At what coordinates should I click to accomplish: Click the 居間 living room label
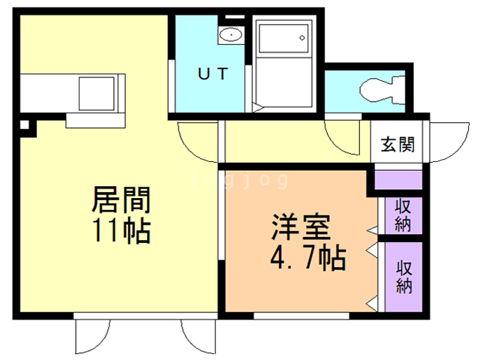point(121,200)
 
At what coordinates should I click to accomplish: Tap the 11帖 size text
point(121,229)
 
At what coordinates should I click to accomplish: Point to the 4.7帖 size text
point(307,259)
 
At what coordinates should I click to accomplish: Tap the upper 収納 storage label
point(403,215)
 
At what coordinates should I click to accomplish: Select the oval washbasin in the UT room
point(230,34)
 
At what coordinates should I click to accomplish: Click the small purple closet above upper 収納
point(398,181)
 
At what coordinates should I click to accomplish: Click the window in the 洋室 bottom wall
point(284,316)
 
